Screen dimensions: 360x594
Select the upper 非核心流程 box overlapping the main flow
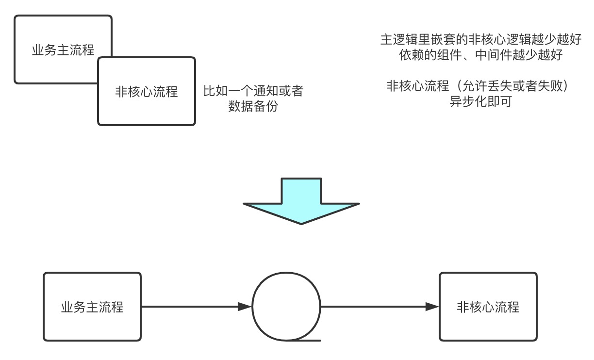(x=147, y=91)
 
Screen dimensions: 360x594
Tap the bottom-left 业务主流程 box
(x=92, y=307)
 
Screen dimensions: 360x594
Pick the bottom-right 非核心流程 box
(x=488, y=307)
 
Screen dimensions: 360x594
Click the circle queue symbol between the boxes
(x=286, y=307)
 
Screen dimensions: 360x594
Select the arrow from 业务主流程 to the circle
(x=194, y=307)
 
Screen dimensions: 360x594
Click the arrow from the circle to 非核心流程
(x=379, y=307)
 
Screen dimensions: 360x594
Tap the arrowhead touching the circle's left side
(x=246, y=307)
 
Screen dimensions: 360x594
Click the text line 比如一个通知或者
(x=253, y=91)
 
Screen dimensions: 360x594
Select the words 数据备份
(x=253, y=107)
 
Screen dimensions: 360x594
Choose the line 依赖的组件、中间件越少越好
(x=480, y=55)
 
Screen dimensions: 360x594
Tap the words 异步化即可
(x=480, y=102)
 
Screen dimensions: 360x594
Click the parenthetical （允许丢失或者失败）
(x=511, y=86)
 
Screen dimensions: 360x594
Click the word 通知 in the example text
(x=259, y=91)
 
